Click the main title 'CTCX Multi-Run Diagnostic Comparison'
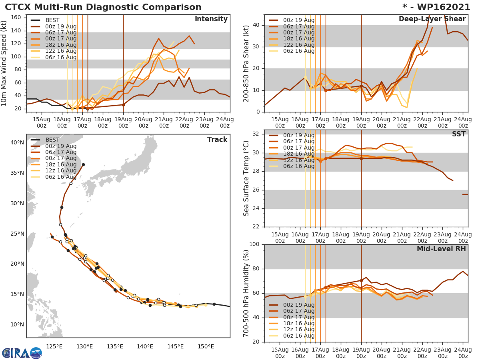click(x=103, y=7)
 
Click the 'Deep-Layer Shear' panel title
click(x=432, y=19)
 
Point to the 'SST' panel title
click(x=459, y=134)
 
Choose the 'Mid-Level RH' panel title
click(x=441, y=249)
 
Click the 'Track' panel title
click(x=217, y=140)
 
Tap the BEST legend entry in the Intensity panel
click(x=52, y=20)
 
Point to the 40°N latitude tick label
click(x=17, y=142)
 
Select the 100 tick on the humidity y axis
click(x=254, y=244)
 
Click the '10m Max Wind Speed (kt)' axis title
click(x=4, y=64)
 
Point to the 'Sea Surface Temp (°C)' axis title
click(x=246, y=179)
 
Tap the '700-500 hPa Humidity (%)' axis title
click(x=246, y=293)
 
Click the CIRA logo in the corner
click(x=22, y=353)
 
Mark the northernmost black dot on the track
click(x=83, y=164)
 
